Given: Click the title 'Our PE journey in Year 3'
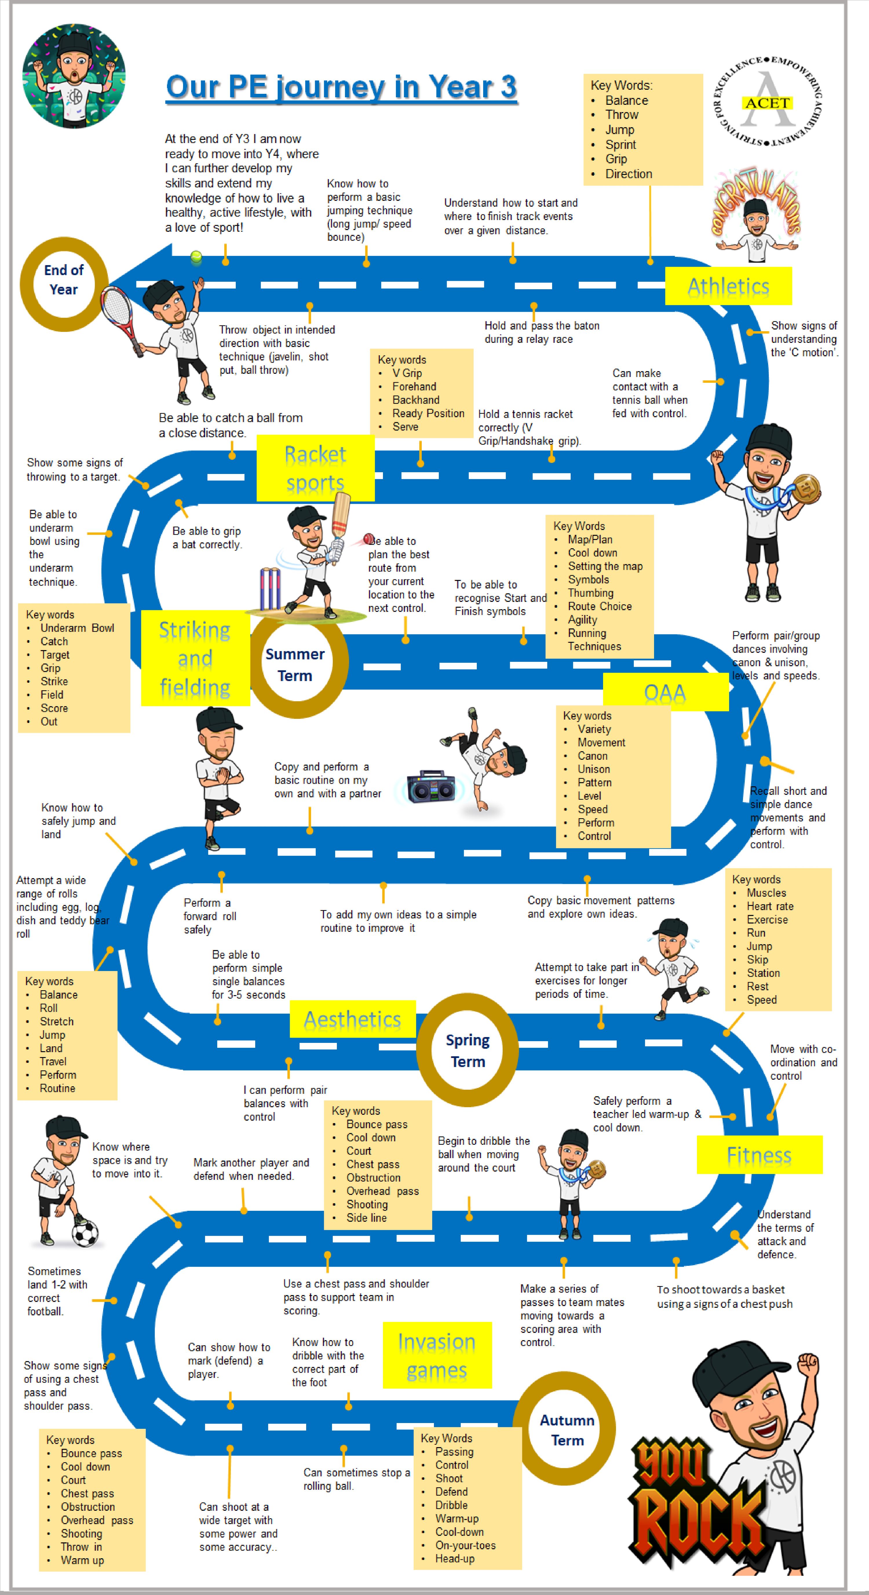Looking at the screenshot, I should click(x=341, y=87).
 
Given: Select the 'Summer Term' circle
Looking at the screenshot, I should click(x=295, y=665).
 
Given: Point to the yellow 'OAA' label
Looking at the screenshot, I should click(x=665, y=692).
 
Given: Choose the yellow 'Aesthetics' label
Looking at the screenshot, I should click(x=353, y=1019).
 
